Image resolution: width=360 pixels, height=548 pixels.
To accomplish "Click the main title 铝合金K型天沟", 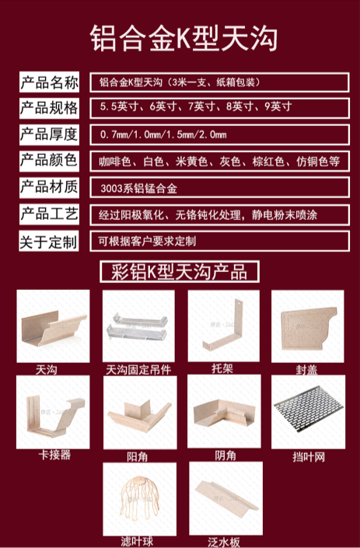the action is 183,38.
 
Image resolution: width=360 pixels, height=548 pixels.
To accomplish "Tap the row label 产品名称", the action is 49,82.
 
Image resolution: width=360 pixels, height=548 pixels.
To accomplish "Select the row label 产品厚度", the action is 49,134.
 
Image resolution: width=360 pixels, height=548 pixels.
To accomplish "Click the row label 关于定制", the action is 49,241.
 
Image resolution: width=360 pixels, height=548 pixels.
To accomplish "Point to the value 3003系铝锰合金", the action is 138,189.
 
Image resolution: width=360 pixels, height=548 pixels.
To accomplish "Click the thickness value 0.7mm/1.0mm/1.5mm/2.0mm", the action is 163,134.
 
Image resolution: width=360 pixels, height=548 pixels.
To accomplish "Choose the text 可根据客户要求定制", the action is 147,241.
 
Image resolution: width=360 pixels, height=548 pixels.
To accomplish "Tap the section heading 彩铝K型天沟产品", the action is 180,271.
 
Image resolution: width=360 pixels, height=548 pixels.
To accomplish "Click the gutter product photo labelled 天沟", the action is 53,326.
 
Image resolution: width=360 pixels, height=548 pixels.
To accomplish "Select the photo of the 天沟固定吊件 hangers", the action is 138,326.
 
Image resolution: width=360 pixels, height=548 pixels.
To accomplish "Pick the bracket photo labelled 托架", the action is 224,326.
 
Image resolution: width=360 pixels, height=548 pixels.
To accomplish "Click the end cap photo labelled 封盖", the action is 308,326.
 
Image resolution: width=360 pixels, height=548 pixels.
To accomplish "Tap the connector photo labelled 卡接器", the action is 53,412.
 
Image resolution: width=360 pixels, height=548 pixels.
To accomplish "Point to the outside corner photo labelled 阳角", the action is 140,413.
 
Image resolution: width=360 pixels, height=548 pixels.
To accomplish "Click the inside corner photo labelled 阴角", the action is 224,411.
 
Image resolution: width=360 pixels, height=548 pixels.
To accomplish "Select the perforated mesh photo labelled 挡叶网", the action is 308,412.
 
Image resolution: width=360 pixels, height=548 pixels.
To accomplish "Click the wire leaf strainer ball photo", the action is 140,499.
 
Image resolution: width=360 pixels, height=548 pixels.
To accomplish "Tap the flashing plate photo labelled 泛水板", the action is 226,498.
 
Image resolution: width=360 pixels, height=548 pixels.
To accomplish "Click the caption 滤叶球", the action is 137,541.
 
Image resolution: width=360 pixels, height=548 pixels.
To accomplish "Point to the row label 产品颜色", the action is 49,161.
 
